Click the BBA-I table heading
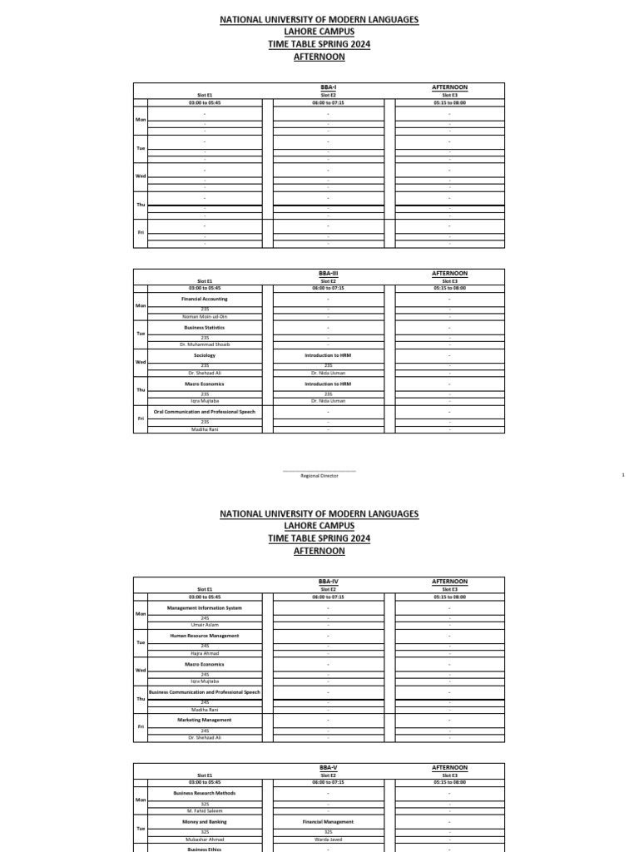(x=328, y=87)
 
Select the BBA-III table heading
(x=328, y=273)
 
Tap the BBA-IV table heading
(x=328, y=582)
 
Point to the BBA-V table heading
(x=328, y=767)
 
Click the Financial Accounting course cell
(x=205, y=299)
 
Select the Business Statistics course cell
(x=205, y=327)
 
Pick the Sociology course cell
(x=205, y=355)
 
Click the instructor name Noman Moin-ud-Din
(x=205, y=317)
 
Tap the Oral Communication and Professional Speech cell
(x=205, y=412)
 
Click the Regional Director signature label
(x=319, y=476)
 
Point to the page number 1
(x=622, y=475)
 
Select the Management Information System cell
(x=205, y=607)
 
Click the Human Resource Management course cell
(x=205, y=636)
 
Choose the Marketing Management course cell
(x=205, y=720)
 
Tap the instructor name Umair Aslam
(x=205, y=625)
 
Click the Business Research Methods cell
(x=205, y=793)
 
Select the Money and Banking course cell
(x=205, y=821)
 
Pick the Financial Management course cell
(x=328, y=821)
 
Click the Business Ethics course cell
(x=205, y=850)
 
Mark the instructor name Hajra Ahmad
(x=205, y=653)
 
